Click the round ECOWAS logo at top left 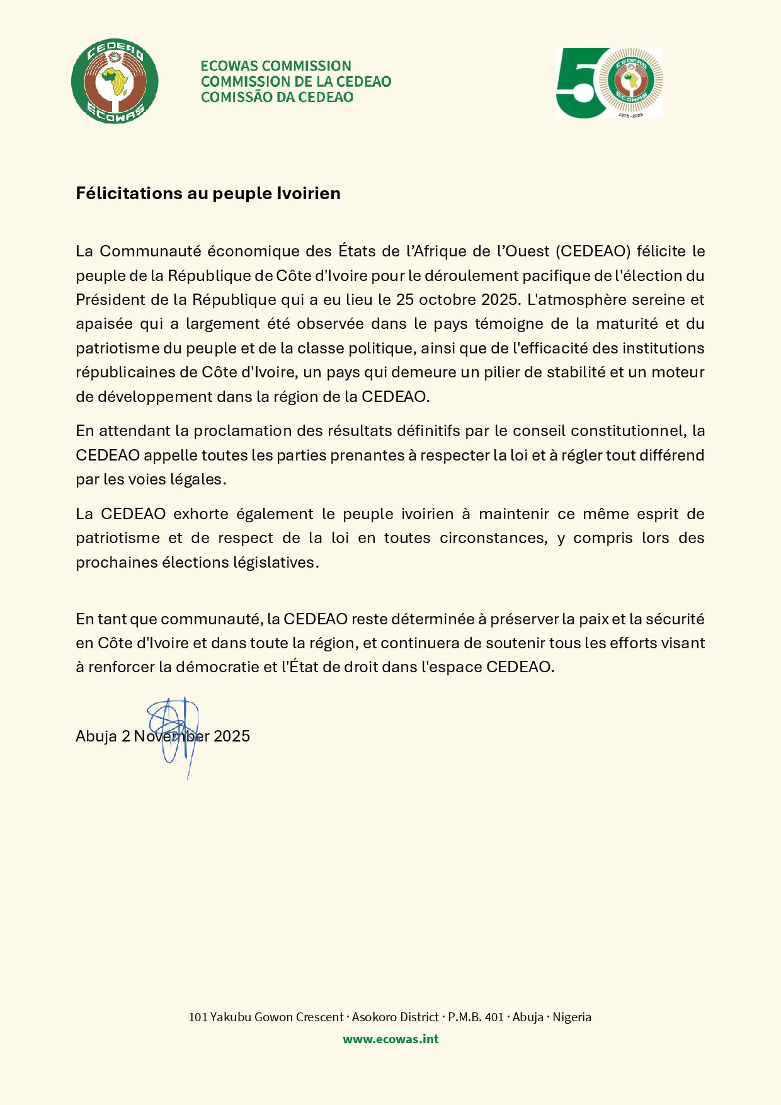pos(114,82)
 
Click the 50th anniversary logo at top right pos(609,83)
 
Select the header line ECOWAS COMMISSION pos(275,66)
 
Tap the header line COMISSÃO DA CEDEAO pos(276,97)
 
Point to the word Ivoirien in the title pos(308,193)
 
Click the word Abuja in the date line pos(96,736)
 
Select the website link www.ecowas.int pos(390,1039)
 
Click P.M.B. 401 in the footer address pos(476,1017)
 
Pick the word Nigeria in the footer pos(572,1017)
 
